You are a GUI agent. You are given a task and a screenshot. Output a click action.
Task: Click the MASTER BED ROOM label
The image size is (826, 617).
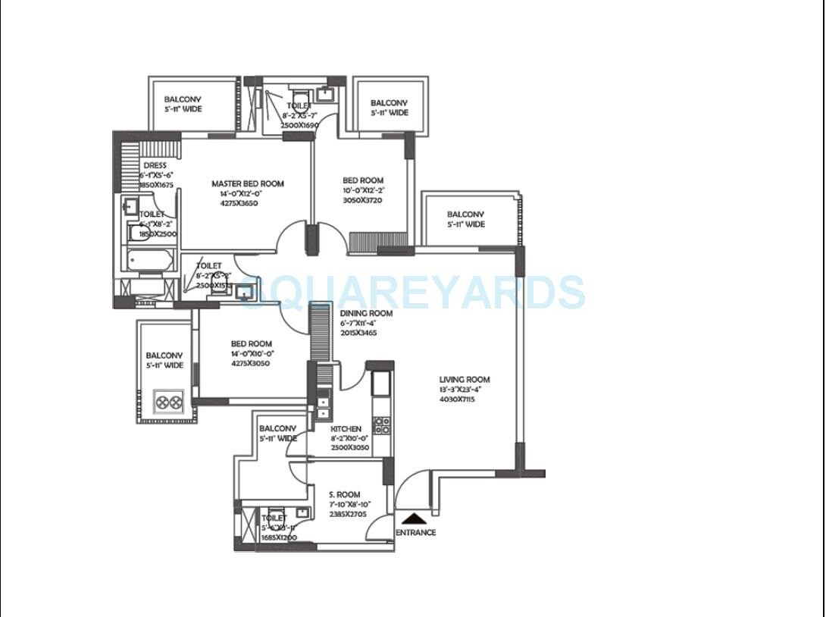tap(248, 183)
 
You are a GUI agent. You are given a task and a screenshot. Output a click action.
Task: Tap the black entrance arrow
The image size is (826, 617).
tap(414, 519)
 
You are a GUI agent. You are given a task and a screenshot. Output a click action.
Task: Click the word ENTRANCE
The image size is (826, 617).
tap(416, 532)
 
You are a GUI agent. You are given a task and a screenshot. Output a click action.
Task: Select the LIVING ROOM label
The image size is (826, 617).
tap(465, 380)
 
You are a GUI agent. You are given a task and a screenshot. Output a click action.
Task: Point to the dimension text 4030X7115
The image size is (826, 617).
tap(457, 399)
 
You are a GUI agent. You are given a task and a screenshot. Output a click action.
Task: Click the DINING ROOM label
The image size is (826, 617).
tap(366, 313)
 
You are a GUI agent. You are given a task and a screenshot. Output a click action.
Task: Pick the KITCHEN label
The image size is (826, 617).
tap(346, 429)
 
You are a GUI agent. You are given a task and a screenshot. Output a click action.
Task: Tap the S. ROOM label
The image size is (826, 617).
tap(344, 494)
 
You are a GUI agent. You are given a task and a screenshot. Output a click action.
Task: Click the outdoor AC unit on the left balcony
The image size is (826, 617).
tap(168, 401)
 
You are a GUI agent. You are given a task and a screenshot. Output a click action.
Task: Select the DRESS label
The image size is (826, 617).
tap(155, 165)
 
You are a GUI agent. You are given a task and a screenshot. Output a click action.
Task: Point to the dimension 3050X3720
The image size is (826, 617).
tap(363, 200)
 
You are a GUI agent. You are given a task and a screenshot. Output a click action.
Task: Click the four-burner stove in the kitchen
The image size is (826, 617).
tap(382, 424)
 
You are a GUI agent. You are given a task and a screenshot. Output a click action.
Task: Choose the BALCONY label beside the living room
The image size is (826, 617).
tap(465, 215)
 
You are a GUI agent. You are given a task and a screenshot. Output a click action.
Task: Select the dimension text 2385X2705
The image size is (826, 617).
tap(348, 513)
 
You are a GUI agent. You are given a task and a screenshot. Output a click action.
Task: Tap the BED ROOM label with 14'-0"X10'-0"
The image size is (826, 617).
tap(252, 343)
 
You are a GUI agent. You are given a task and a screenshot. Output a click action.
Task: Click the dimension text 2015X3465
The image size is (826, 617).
tap(359, 333)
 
